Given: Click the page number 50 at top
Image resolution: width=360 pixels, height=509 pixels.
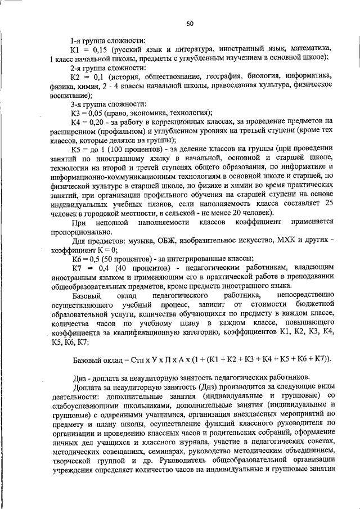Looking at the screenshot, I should (x=190, y=23).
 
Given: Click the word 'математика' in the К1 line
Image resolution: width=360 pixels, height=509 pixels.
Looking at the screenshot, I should (x=310, y=49).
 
